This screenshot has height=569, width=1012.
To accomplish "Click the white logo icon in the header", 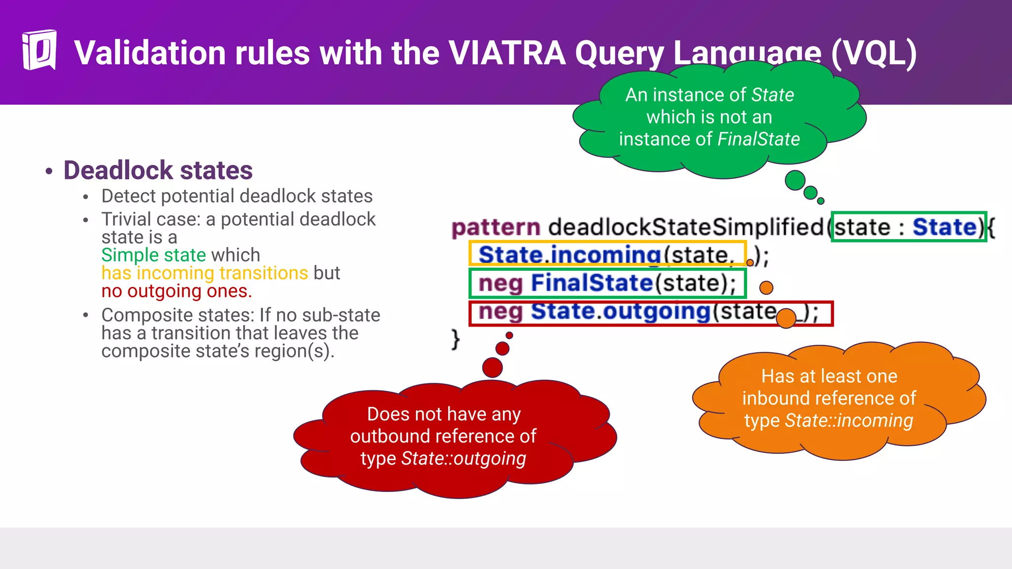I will (39, 50).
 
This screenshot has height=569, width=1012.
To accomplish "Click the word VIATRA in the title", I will (506, 53).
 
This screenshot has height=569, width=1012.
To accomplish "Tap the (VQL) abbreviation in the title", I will (874, 53).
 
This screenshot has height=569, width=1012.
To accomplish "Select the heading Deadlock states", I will (158, 170).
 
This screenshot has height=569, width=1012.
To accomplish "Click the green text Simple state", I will (153, 255).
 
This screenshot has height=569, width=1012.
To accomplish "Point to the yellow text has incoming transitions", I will (205, 273).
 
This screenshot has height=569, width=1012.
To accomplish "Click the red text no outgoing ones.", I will (176, 291).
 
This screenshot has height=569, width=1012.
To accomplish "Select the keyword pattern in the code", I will (496, 228).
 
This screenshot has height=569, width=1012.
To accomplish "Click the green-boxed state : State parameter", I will (908, 227).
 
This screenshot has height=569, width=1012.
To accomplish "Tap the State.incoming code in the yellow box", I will (569, 255).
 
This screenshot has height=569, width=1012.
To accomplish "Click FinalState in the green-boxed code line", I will (592, 283).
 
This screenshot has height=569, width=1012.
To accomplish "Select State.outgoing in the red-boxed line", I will (620, 312).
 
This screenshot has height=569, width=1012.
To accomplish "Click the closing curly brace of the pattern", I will (455, 340).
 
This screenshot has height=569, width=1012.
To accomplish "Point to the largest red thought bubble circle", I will (492, 367).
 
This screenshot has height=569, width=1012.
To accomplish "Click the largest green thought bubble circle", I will (795, 180).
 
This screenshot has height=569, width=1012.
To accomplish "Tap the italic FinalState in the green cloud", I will (758, 139).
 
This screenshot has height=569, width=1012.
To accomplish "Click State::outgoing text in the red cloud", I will (463, 458).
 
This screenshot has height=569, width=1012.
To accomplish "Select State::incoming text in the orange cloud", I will (848, 420).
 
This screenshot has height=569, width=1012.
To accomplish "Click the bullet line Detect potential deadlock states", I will (237, 196).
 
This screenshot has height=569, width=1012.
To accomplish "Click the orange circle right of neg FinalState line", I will (766, 287).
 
